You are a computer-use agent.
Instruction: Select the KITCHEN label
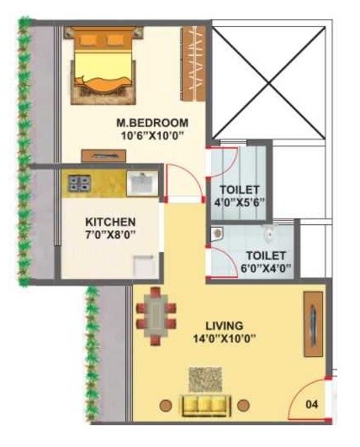pyautogui.click(x=111, y=222)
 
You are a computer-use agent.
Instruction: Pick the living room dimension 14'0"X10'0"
pyautogui.click(x=224, y=339)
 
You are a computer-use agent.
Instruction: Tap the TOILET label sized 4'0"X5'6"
pyautogui.click(x=241, y=190)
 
